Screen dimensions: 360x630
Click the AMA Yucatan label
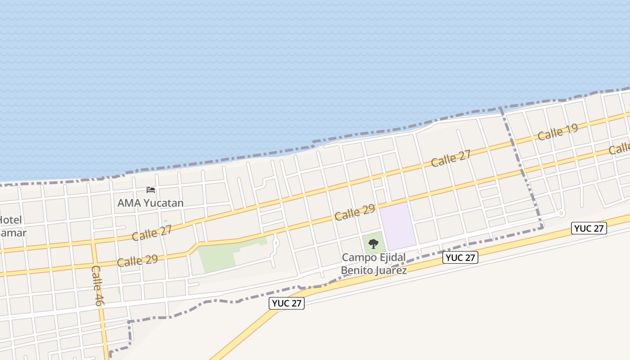click(x=150, y=203)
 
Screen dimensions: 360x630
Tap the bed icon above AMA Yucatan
click(x=151, y=190)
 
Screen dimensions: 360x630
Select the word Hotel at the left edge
click(x=11, y=220)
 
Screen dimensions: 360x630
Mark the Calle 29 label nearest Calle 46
click(x=137, y=261)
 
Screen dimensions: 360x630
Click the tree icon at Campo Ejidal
click(x=373, y=244)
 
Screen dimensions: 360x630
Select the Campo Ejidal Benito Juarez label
click(x=373, y=264)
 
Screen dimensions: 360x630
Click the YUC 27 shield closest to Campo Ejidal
click(x=460, y=257)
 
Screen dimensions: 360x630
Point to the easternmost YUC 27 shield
click(x=589, y=228)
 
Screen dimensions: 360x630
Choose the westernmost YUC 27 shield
click(x=287, y=303)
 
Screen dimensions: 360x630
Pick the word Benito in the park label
click(x=355, y=270)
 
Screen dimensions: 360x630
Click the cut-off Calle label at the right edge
click(x=620, y=148)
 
